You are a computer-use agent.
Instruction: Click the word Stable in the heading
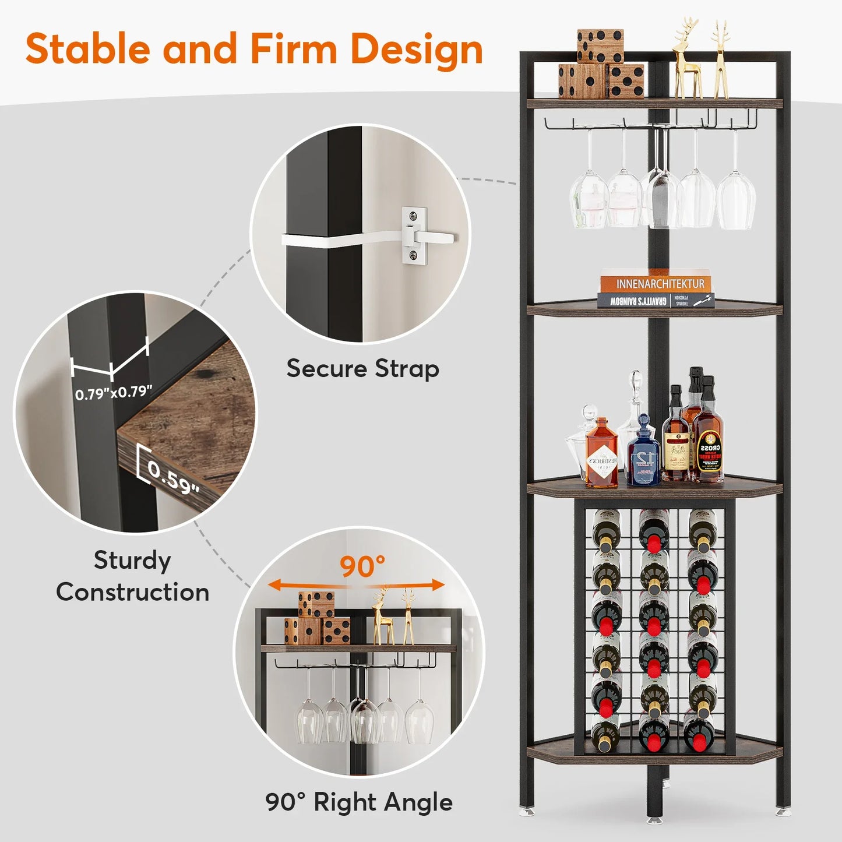coord(88,49)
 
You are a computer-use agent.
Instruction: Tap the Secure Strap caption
coord(362,369)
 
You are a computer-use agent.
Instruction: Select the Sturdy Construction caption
coord(133,576)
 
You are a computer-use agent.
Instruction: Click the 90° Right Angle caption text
coord(359,802)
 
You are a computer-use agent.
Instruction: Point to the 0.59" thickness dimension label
coord(173,477)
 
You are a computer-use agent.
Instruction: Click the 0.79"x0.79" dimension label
coord(114,393)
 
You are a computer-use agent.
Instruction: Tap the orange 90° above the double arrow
coord(362,566)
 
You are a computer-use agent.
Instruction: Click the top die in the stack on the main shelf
coord(600,45)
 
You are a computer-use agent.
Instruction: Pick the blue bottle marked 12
coord(643,455)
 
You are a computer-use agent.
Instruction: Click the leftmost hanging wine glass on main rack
coord(589,198)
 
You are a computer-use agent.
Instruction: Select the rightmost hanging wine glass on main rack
coord(736,198)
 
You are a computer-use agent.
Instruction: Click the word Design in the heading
coord(417,49)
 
